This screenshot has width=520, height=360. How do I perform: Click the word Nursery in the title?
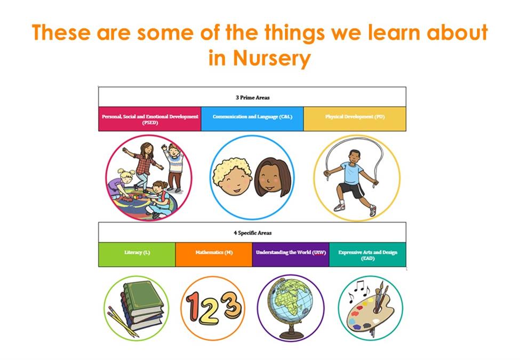(x=271, y=58)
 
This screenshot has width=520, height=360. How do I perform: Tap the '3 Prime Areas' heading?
(x=253, y=98)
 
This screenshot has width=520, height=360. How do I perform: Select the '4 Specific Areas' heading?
(x=253, y=233)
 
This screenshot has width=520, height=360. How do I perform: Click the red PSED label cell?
(x=150, y=119)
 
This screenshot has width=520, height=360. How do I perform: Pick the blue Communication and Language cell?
(x=252, y=119)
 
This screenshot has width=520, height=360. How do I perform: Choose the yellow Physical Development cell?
(x=355, y=119)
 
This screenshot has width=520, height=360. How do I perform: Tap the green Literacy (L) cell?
(x=137, y=254)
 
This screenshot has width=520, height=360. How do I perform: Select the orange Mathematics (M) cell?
(x=214, y=254)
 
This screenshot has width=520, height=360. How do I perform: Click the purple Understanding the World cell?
(x=291, y=254)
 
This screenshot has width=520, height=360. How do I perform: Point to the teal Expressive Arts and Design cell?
(x=367, y=254)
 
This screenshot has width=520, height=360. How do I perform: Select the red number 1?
(x=194, y=307)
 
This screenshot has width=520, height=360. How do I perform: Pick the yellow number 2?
(x=211, y=312)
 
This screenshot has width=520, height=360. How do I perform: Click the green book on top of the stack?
(x=143, y=297)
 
